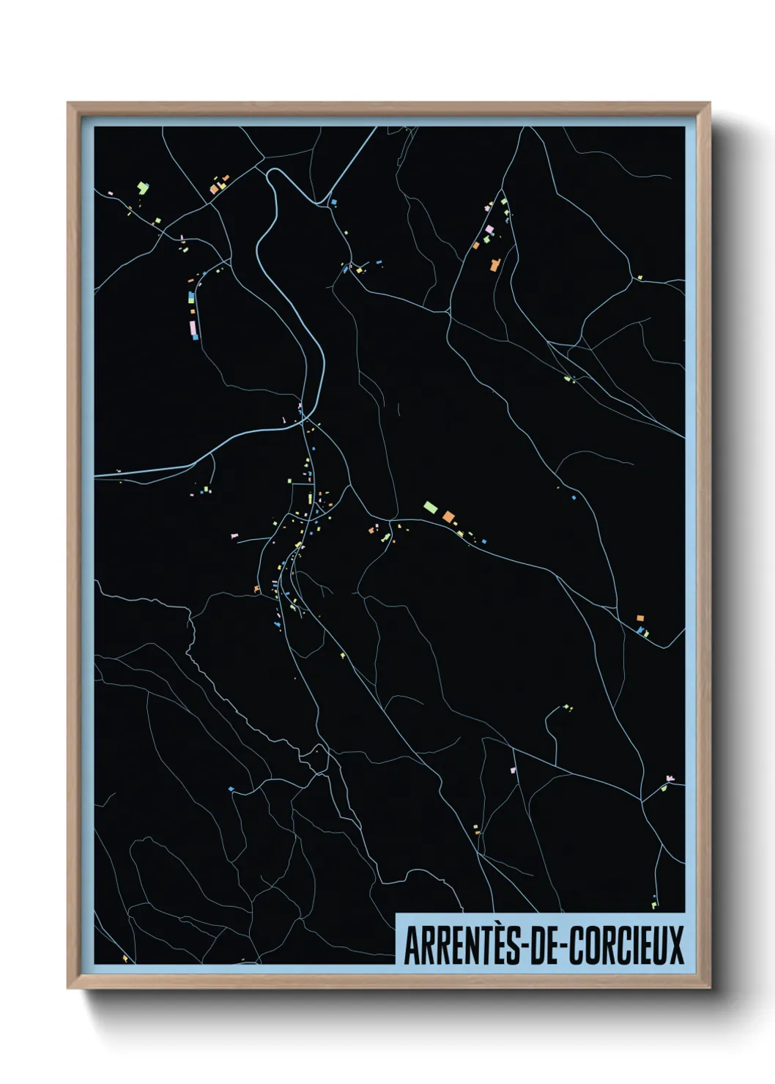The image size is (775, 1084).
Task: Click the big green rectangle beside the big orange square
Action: (x=431, y=506)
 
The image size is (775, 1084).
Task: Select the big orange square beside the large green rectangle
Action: (x=448, y=516)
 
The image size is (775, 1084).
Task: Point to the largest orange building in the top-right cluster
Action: (x=495, y=264)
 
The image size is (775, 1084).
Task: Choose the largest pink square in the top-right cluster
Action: (x=489, y=230)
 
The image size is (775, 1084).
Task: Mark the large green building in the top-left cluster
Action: (x=141, y=188)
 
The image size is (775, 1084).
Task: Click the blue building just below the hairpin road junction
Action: (x=334, y=201)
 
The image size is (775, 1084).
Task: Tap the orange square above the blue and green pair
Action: (x=639, y=618)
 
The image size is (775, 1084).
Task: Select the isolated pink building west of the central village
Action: (x=234, y=537)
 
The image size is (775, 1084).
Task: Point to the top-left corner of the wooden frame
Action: (x=68, y=103)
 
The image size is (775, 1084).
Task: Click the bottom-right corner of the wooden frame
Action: (x=709, y=987)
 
